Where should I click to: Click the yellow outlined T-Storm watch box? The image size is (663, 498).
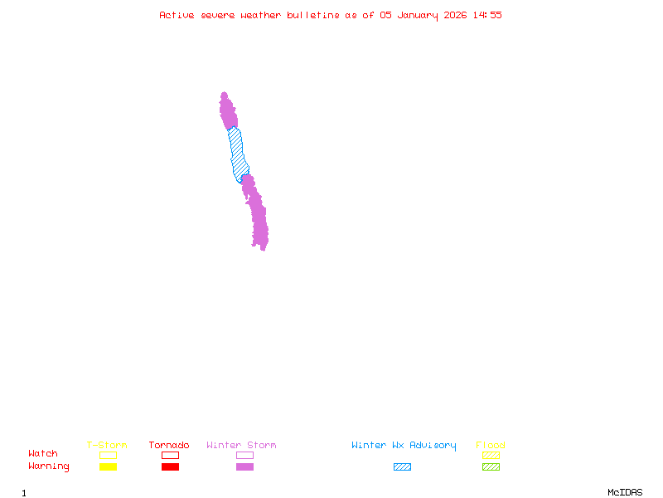coord(108,455)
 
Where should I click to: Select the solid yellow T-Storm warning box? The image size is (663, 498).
coord(108,466)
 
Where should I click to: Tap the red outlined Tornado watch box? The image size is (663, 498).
coord(170,455)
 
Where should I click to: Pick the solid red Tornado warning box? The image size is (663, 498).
coord(170,466)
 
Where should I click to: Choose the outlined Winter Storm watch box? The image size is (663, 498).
coord(244,455)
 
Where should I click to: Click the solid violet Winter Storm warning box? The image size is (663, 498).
coord(244,466)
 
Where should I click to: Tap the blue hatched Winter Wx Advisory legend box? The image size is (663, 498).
coord(402,466)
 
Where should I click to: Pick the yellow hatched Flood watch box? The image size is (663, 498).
coord(491,455)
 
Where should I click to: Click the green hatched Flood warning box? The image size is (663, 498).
coord(491,466)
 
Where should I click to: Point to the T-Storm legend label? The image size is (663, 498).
coord(107,445)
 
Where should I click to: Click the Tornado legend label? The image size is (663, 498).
coord(169,445)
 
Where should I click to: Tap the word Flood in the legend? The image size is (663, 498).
coord(491,445)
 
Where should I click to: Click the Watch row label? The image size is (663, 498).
coord(43,454)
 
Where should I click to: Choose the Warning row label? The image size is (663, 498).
coord(49,466)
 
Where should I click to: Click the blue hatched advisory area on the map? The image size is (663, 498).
coord(238,154)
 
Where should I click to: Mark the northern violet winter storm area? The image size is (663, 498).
coord(227,111)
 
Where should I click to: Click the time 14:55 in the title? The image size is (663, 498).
coord(486,15)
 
